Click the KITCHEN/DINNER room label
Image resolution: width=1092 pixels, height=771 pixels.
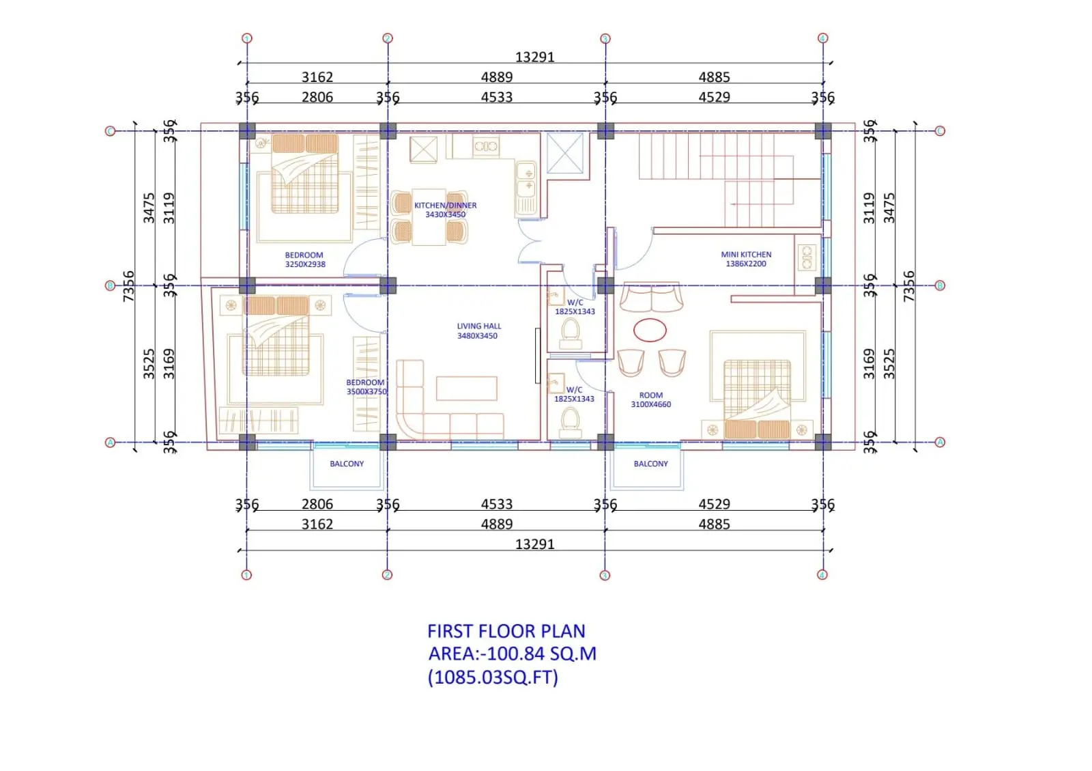pyautogui.click(x=445, y=210)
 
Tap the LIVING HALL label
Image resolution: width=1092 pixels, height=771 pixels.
pyautogui.click(x=478, y=331)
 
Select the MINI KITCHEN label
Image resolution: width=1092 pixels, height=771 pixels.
pyautogui.click(x=746, y=259)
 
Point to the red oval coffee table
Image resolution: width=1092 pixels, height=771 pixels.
pyautogui.click(x=650, y=330)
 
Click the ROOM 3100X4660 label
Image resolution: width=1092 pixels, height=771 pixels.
pyautogui.click(x=651, y=399)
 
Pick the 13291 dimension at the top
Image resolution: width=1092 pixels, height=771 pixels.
pyautogui.click(x=535, y=57)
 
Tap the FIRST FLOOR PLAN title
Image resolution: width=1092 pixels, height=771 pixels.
pyautogui.click(x=506, y=631)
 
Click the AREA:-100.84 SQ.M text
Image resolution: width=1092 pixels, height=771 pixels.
pyautogui.click(x=513, y=654)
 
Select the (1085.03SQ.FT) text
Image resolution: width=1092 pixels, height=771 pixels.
pyautogui.click(x=493, y=677)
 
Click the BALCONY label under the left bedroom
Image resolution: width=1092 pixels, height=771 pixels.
pyautogui.click(x=347, y=464)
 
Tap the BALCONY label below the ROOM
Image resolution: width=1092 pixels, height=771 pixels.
pyautogui.click(x=651, y=464)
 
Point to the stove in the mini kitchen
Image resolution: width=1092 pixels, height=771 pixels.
pyautogui.click(x=807, y=257)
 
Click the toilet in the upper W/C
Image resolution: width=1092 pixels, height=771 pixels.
pyautogui.click(x=571, y=333)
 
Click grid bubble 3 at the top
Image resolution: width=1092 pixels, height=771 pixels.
pyautogui.click(x=605, y=38)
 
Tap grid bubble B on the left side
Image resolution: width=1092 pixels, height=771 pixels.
pyautogui.click(x=110, y=285)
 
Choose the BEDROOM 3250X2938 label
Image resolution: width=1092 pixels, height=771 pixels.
pyautogui.click(x=304, y=260)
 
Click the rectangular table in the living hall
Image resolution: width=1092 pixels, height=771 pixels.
pyautogui.click(x=467, y=388)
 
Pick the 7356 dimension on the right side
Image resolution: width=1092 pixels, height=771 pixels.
pyautogui.click(x=908, y=286)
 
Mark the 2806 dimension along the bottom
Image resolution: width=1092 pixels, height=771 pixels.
pyautogui.click(x=317, y=504)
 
